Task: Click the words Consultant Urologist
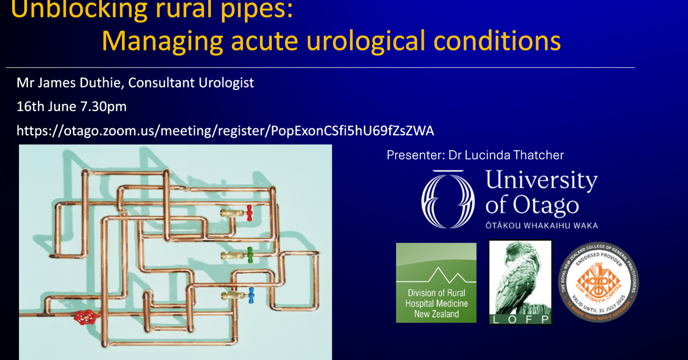[x=191, y=83]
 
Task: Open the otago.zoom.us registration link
[x=225, y=131]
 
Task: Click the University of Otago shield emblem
[x=448, y=198]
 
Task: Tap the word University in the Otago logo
[x=541, y=181]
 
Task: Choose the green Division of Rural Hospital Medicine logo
[x=436, y=283]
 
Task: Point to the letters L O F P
[x=519, y=319]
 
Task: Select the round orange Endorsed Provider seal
[x=599, y=283]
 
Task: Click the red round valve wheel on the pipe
[x=86, y=316]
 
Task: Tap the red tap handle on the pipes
[x=248, y=213]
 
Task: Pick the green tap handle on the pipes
[x=249, y=255]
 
